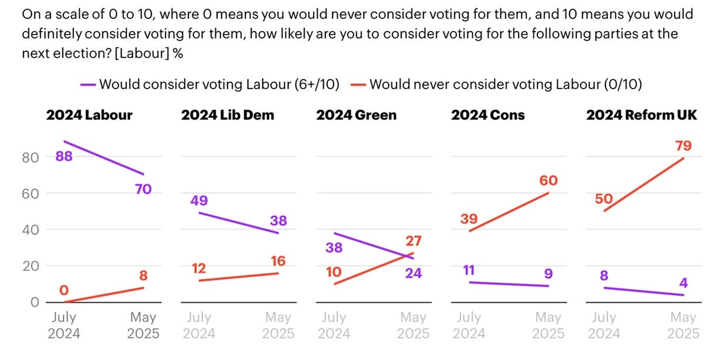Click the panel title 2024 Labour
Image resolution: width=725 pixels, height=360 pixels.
click(x=89, y=115)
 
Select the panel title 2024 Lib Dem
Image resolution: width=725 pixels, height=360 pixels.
click(x=228, y=115)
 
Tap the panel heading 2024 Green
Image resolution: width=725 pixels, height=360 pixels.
click(x=356, y=115)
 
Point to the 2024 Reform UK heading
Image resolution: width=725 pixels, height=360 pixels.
click(x=642, y=115)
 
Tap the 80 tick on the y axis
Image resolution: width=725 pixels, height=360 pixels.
click(x=31, y=157)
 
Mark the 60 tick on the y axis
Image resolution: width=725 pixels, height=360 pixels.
click(x=31, y=193)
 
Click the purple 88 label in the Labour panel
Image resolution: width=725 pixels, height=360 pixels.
click(x=63, y=157)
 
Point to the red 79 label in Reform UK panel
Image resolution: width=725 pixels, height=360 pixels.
click(x=683, y=145)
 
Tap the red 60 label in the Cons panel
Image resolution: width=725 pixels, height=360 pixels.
click(x=548, y=181)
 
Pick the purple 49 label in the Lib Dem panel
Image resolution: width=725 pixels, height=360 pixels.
click(x=198, y=201)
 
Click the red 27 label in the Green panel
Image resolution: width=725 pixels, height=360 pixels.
click(x=414, y=241)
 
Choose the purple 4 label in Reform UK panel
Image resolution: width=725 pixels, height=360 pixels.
click(x=683, y=283)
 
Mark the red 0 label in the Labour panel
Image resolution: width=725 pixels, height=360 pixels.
click(x=63, y=290)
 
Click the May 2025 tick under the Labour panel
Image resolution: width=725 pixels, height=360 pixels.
click(x=143, y=325)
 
